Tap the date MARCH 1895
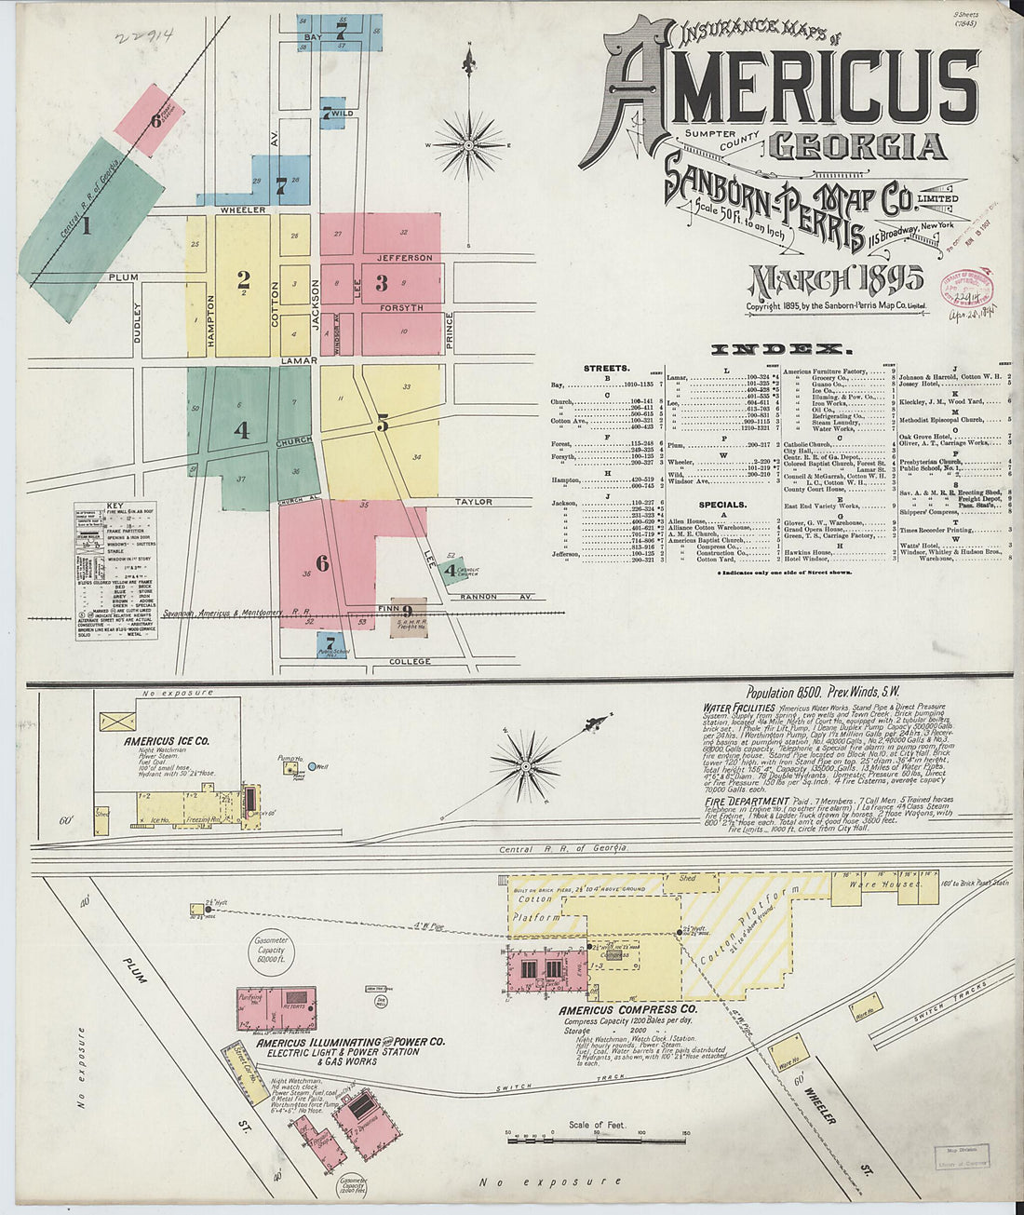836,279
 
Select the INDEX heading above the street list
781,350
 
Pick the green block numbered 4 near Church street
241,429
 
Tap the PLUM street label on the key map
122,277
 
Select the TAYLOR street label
473,502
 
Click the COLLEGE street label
410,662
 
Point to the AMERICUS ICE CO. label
167,741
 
